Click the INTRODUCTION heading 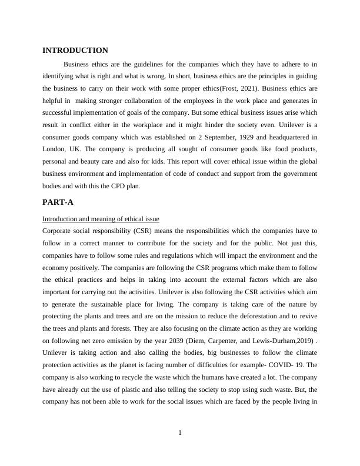pos(75,51)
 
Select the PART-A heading pos(58,202)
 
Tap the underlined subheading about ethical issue pos(101,219)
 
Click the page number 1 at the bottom pos(180,433)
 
